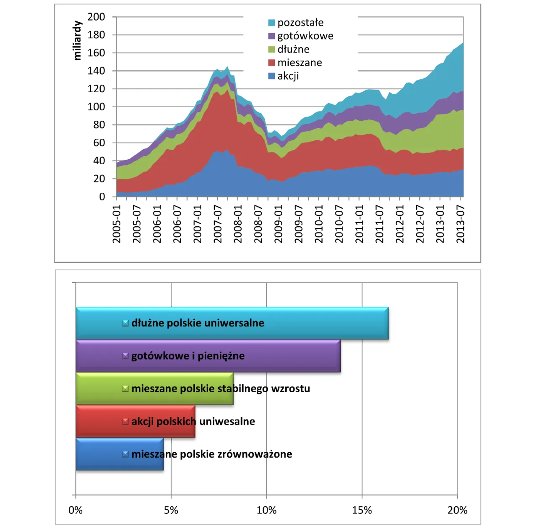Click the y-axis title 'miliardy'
[77, 40]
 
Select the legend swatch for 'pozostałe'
[271, 23]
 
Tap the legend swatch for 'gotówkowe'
[271, 36]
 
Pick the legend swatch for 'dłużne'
[271, 49]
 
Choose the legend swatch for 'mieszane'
[271, 63]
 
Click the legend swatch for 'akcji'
[271, 76]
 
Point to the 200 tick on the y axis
[96, 17]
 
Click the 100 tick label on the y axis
[96, 107]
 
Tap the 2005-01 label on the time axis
[117, 224]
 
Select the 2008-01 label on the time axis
[238, 224]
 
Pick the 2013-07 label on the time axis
[461, 224]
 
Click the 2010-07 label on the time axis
[339, 224]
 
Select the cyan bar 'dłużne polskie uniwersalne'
[232, 323]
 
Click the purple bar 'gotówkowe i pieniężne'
[208, 356]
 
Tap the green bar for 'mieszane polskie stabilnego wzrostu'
[154, 389]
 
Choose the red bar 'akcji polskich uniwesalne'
[136, 422]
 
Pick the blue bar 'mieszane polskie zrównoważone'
[120, 454]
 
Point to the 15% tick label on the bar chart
[362, 510]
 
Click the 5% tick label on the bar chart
[171, 510]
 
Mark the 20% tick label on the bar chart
[457, 510]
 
